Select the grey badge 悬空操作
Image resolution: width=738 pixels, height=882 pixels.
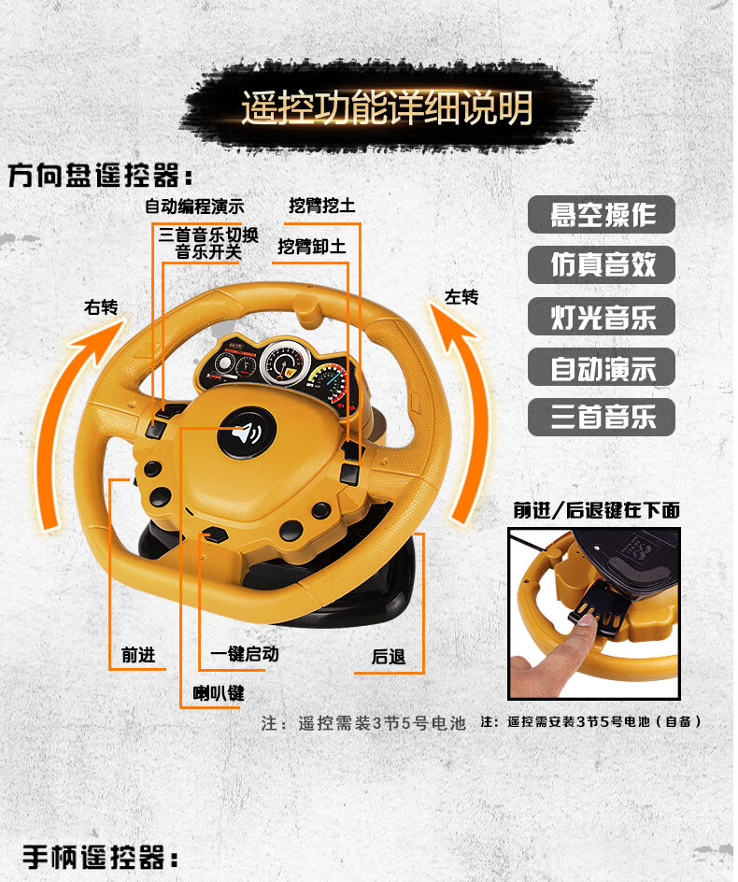(x=602, y=214)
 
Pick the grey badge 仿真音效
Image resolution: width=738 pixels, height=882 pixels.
(x=602, y=265)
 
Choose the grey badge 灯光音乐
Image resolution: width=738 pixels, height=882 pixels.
(x=602, y=316)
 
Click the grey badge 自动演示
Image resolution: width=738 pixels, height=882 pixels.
(x=602, y=367)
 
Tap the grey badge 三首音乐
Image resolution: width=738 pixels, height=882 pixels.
(x=602, y=417)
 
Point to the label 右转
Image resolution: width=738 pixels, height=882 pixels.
(x=101, y=307)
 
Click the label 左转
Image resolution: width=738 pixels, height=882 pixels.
(x=461, y=296)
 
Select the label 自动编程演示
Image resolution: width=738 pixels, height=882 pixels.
(x=194, y=206)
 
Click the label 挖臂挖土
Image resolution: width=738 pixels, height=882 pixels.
(x=322, y=206)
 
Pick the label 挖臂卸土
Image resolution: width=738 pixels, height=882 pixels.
(x=312, y=246)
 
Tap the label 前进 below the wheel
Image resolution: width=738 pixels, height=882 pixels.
(x=138, y=655)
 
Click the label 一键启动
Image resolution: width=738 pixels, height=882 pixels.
(x=245, y=654)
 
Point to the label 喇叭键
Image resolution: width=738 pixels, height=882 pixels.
(x=219, y=693)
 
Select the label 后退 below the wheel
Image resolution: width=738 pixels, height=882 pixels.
(x=388, y=657)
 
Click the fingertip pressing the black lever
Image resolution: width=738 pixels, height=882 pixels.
(x=587, y=620)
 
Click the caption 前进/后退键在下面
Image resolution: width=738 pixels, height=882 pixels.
(x=596, y=510)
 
